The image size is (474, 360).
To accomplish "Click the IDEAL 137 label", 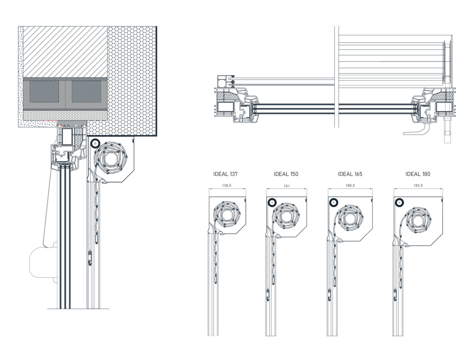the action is (x=225, y=174).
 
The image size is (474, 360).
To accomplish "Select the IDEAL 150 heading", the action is (x=286, y=174).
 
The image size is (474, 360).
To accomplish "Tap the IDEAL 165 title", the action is (x=350, y=174).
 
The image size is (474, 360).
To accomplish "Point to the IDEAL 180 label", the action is (x=418, y=174).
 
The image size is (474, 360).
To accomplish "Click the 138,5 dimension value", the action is (x=226, y=185).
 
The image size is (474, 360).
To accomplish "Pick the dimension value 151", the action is (x=286, y=186).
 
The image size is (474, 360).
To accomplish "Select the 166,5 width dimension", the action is (x=350, y=185).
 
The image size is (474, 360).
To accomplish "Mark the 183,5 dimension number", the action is (x=418, y=185).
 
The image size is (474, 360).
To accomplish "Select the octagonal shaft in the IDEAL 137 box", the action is (x=226, y=216).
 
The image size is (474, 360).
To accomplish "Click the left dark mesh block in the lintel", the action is (x=44, y=92).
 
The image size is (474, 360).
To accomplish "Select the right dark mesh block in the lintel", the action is (x=87, y=92).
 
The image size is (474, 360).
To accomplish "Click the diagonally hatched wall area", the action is (x=65, y=52).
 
